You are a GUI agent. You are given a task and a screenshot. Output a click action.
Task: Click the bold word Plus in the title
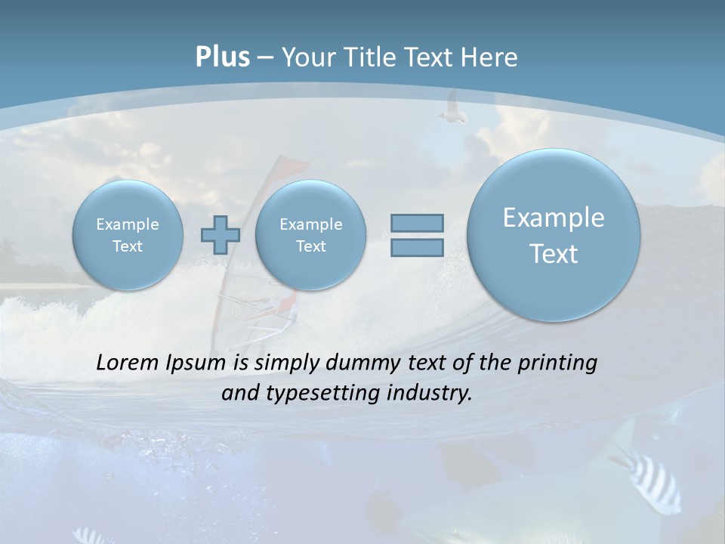click(222, 57)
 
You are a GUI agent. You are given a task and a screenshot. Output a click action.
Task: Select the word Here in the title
click(491, 57)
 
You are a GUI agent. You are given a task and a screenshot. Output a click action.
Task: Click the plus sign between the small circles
click(220, 235)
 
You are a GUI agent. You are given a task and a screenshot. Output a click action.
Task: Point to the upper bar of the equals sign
click(416, 223)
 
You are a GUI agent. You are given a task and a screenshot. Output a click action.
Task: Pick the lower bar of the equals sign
click(416, 247)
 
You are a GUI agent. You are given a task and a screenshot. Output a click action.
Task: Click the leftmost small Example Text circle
click(128, 235)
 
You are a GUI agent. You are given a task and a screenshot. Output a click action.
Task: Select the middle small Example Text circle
click(310, 235)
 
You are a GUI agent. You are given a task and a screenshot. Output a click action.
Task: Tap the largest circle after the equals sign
click(554, 235)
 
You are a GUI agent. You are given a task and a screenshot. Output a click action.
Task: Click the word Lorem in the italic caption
click(127, 363)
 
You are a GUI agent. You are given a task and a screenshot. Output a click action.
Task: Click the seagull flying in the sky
click(451, 108)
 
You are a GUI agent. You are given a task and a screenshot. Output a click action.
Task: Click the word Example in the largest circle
click(554, 218)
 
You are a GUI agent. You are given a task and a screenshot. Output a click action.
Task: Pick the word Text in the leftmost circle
click(128, 246)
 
